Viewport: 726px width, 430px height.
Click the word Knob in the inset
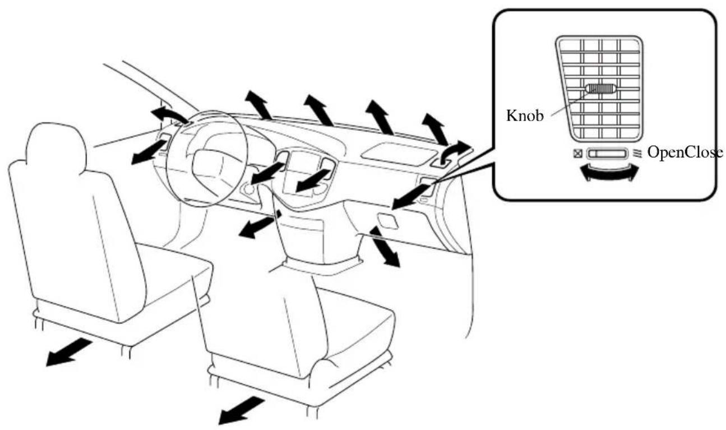point(525,115)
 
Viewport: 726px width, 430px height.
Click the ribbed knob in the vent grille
point(600,89)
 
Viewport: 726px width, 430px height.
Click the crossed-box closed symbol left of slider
point(578,153)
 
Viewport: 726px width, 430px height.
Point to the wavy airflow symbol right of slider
point(637,153)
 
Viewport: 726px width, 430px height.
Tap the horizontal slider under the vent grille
point(607,154)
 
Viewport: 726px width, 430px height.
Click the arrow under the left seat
point(69,352)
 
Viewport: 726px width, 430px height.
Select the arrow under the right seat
point(241,410)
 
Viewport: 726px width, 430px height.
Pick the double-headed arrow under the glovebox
point(385,247)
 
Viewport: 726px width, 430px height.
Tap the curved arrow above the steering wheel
point(169,114)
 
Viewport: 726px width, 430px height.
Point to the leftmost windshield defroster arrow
point(258,105)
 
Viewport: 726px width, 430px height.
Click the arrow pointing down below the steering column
point(259,224)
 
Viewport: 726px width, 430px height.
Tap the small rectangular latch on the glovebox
point(387,221)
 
